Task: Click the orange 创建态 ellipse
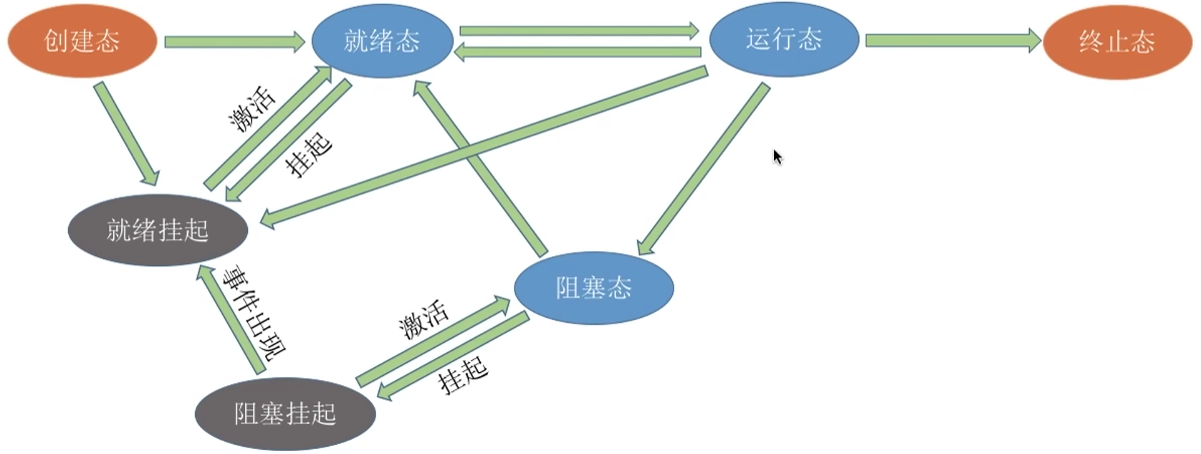pos(82,41)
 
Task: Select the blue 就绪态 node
pos(382,41)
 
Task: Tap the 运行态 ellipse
pos(783,39)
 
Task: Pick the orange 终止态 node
pos(1116,42)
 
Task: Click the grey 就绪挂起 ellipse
pos(158,230)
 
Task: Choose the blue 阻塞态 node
pos(593,288)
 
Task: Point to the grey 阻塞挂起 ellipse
pos(285,414)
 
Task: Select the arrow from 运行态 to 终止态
pos(952,40)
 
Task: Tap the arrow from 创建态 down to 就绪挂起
pos(126,134)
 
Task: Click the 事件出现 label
pos(254,313)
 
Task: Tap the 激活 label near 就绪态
pos(252,109)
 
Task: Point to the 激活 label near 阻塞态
pos(423,320)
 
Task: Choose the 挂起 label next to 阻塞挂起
pos(463,375)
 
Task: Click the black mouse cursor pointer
pos(777,156)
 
